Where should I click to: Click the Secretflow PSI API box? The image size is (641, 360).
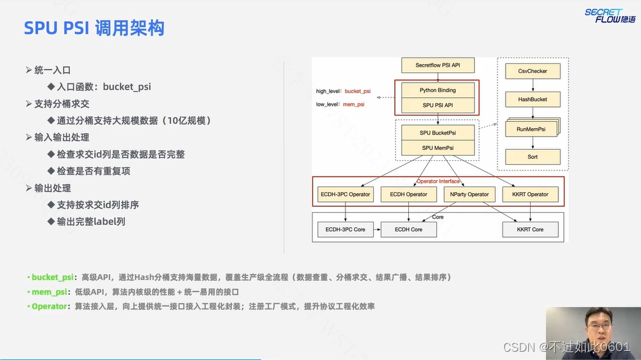point(438,65)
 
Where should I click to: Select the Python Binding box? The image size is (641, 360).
point(438,90)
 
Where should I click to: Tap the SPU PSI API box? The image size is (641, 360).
point(438,105)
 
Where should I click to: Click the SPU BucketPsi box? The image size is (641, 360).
point(438,133)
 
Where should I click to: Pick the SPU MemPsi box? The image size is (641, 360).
point(438,147)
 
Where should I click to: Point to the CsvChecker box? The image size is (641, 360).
point(532,71)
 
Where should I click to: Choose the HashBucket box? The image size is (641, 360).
point(532,99)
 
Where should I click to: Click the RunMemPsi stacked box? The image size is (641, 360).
point(532,128)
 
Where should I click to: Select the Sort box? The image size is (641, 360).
point(532,157)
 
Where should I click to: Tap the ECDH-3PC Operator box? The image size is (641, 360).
point(345,194)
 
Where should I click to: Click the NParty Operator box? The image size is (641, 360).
point(469,194)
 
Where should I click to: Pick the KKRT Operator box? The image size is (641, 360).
point(530,194)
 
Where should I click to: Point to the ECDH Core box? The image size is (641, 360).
point(408,229)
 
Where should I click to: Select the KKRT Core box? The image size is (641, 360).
point(529,229)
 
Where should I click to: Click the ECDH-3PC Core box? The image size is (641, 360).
point(345,229)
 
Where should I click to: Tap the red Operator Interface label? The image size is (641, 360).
point(438,181)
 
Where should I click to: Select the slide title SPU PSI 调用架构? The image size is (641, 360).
point(94,28)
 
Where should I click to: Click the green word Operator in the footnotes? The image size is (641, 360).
point(50,306)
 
